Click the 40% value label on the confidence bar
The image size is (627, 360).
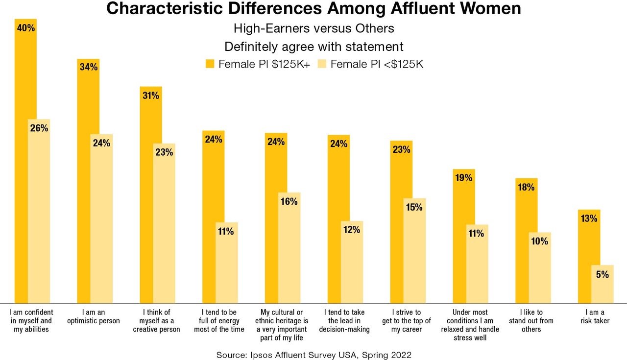click(25, 28)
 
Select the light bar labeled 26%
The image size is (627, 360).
click(39, 211)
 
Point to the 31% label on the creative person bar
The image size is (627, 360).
click(150, 96)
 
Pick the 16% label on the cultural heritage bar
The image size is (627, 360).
click(289, 201)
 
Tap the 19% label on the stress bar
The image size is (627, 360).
click(463, 178)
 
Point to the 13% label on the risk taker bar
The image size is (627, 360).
click(588, 218)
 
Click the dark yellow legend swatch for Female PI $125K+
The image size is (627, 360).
click(210, 64)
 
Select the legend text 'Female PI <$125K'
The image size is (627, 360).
click(377, 64)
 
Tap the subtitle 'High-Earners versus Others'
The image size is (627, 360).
click(313, 28)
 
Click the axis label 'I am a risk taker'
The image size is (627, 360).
click(595, 316)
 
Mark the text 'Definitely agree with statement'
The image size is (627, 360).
click(313, 47)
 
